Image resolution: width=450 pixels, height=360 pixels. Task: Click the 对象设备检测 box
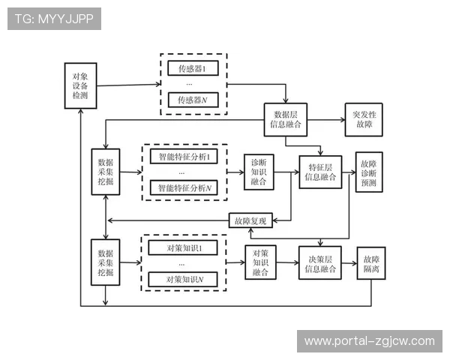tap(80, 86)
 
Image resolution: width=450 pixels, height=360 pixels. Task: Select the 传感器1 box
tap(193, 69)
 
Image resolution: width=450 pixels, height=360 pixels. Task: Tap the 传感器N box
tap(193, 100)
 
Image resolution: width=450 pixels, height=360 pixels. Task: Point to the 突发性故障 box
tap(363, 120)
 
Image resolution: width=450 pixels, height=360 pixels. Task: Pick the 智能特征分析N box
tap(183, 187)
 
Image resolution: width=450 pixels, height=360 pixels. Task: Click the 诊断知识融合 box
tap(259, 172)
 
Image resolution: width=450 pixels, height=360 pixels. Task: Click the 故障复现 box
tap(251, 221)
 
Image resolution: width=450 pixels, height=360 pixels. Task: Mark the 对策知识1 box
tap(183, 247)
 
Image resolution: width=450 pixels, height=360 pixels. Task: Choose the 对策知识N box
tap(183, 279)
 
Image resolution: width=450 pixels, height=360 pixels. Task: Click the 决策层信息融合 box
tap(320, 262)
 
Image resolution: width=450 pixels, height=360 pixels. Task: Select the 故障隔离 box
tap(370, 262)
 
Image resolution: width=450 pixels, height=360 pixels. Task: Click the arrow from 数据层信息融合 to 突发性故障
tap(324, 120)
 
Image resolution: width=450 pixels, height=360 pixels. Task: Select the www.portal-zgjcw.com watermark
tap(369, 341)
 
